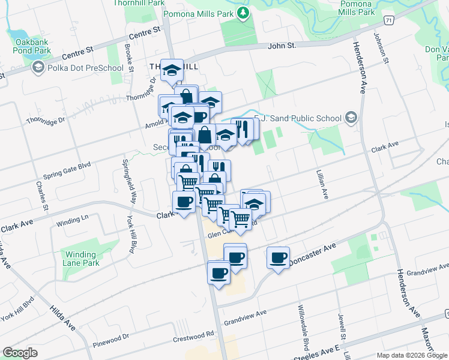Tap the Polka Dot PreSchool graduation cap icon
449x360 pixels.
click(x=39, y=68)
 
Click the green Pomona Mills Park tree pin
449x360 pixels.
click(x=243, y=13)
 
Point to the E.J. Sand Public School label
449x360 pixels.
click(x=298, y=118)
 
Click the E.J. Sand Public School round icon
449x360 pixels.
click(x=351, y=117)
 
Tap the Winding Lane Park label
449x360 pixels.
click(x=82, y=259)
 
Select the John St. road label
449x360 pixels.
click(x=282, y=46)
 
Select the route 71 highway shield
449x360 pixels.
click(x=390, y=20)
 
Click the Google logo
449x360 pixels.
click(x=20, y=353)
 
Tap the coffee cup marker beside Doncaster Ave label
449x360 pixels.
click(x=278, y=258)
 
